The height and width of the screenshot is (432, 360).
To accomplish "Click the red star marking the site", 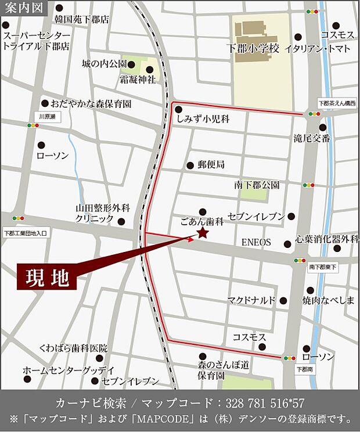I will tap(203, 233).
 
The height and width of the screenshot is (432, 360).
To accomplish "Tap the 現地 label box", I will tap(46, 277).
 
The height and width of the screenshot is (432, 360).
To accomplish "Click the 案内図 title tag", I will tap(22, 8).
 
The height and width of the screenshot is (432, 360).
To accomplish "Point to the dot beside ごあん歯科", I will tap(203, 211).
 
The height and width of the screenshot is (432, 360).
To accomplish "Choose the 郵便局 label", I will tap(211, 164).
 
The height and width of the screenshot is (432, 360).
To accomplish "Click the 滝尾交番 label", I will tap(311, 138).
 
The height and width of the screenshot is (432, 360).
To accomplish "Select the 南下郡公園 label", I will tap(257, 185).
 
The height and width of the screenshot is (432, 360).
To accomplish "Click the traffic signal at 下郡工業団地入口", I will tap(19, 218).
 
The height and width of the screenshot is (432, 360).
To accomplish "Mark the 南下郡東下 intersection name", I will tap(323, 267).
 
